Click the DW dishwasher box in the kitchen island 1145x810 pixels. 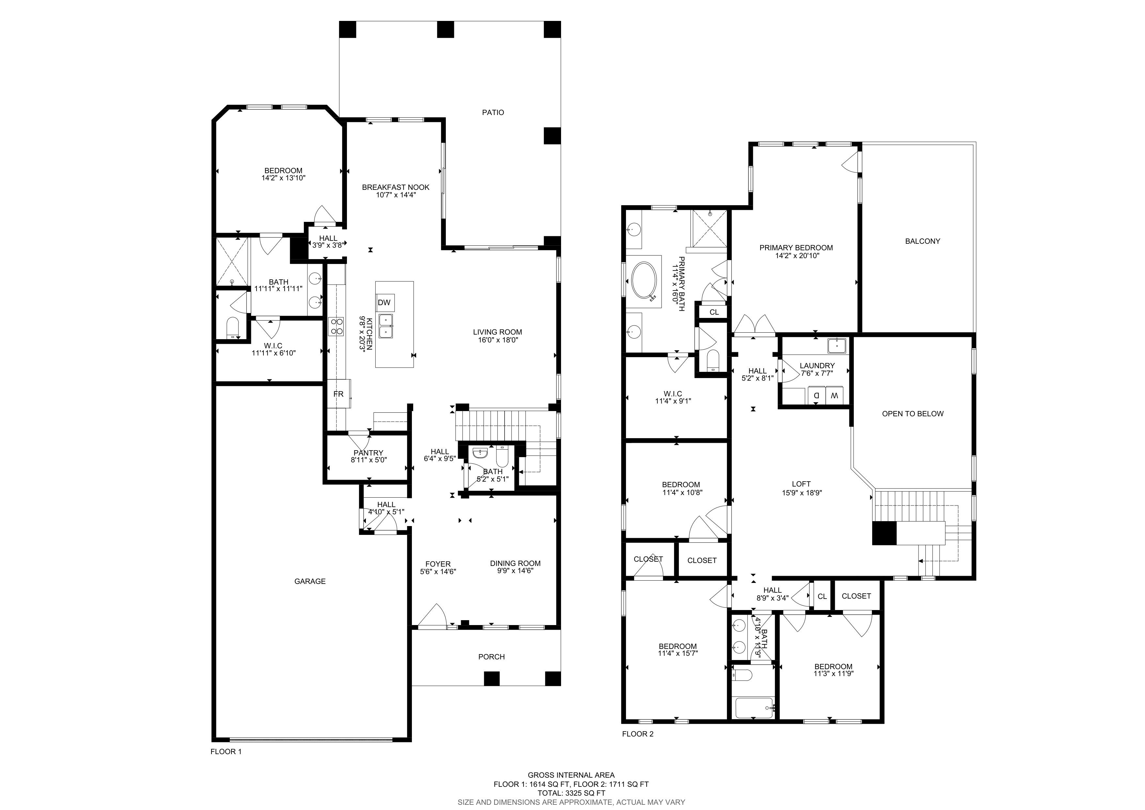pos(384,303)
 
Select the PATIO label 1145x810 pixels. pos(493,113)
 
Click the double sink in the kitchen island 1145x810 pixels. pos(385,326)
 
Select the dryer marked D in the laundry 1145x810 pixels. pos(816,395)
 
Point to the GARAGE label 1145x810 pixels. pos(310,581)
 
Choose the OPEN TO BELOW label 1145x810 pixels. pos(913,414)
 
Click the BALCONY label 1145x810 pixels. pos(923,241)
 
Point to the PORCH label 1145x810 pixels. pos(491,657)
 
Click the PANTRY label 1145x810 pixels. pos(369,453)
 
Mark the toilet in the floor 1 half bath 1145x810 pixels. pos(502,455)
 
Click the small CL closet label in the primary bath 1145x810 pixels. pos(714,312)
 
